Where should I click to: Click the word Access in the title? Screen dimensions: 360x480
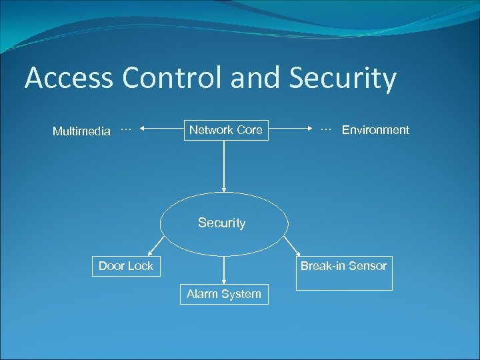pyautogui.click(x=69, y=79)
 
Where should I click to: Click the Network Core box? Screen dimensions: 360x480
pyautogui.click(x=225, y=130)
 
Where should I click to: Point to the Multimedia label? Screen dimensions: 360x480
pyautogui.click(x=81, y=131)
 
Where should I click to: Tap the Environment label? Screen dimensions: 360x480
pyautogui.click(x=375, y=130)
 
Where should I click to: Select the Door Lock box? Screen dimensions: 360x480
pyautogui.click(x=125, y=266)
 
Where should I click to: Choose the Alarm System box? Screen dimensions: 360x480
pyautogui.click(x=223, y=294)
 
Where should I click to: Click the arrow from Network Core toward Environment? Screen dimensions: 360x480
pyautogui.click(x=291, y=130)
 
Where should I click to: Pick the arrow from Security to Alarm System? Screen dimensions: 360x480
pyautogui.click(x=224, y=270)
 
